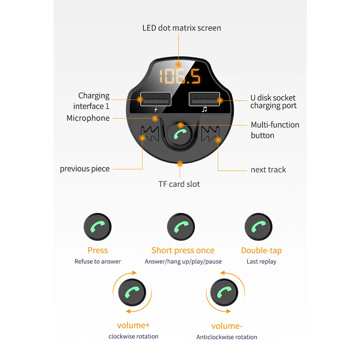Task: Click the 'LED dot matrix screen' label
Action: click(x=181, y=28)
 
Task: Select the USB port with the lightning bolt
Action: click(x=155, y=100)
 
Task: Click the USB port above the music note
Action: click(x=204, y=100)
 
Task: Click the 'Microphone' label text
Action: click(x=88, y=118)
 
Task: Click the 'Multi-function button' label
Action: click(x=275, y=130)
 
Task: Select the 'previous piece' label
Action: click(x=85, y=169)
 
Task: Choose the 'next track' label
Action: click(x=268, y=170)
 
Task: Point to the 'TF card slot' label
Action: click(x=179, y=184)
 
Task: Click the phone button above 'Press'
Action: click(x=97, y=227)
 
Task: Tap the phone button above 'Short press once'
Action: click(x=181, y=227)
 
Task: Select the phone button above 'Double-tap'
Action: click(x=258, y=227)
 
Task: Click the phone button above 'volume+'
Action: click(x=132, y=292)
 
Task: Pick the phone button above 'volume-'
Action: click(x=224, y=292)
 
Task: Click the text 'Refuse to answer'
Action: click(x=97, y=262)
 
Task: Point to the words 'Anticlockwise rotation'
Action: click(x=227, y=337)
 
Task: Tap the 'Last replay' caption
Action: click(x=261, y=262)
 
